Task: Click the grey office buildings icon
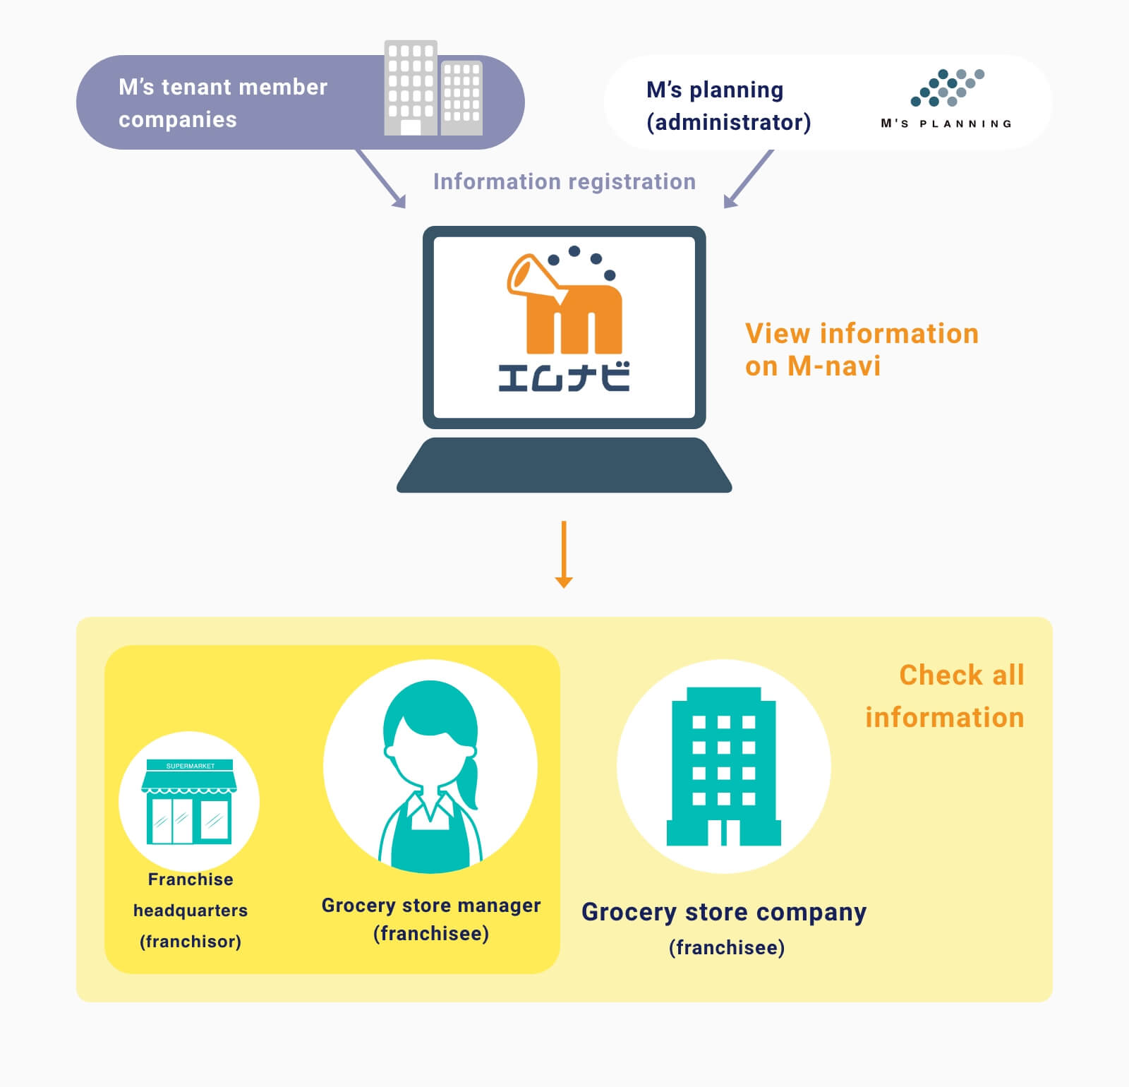pyautogui.click(x=433, y=88)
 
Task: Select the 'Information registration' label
pyautogui.click(x=564, y=181)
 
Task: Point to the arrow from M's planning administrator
pyautogui.click(x=749, y=179)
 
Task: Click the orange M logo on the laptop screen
pyautogui.click(x=564, y=302)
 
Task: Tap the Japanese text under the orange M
pyautogui.click(x=564, y=377)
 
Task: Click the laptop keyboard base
pyautogui.click(x=564, y=465)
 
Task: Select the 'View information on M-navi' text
pyautogui.click(x=862, y=349)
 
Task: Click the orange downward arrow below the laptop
pyautogui.click(x=564, y=554)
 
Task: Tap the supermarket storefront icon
pyautogui.click(x=189, y=802)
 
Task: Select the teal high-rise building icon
pyautogui.click(x=724, y=766)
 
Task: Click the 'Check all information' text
pyautogui.click(x=945, y=696)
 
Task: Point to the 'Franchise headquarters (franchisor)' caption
pyautogui.click(x=191, y=911)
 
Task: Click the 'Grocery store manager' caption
pyautogui.click(x=431, y=905)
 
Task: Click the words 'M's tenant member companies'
pyautogui.click(x=223, y=103)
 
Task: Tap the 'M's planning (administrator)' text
pyautogui.click(x=729, y=106)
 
